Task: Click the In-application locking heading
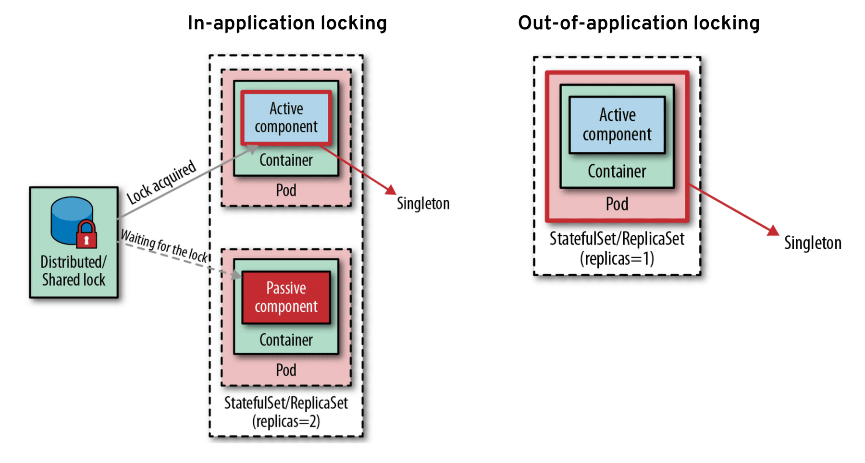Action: [287, 23]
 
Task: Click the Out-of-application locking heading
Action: [638, 23]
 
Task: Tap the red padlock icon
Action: [86, 235]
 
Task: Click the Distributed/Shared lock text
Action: [74, 271]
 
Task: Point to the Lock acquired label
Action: [161, 182]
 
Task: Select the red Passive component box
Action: [286, 297]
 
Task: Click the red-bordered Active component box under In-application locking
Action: [286, 118]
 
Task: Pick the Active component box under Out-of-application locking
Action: [617, 125]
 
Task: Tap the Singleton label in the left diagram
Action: [423, 204]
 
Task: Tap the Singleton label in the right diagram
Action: [813, 243]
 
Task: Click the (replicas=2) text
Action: [286, 422]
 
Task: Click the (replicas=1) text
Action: [617, 259]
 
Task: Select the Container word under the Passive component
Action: [286, 340]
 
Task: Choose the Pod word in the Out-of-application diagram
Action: [617, 204]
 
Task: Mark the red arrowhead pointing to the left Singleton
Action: [391, 190]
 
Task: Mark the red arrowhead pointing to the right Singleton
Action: [773, 231]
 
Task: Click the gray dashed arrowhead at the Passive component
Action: [236, 275]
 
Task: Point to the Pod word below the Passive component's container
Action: [286, 370]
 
